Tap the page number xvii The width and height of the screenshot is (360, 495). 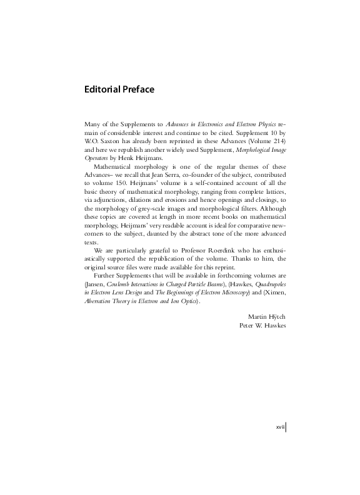[x=281, y=426]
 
